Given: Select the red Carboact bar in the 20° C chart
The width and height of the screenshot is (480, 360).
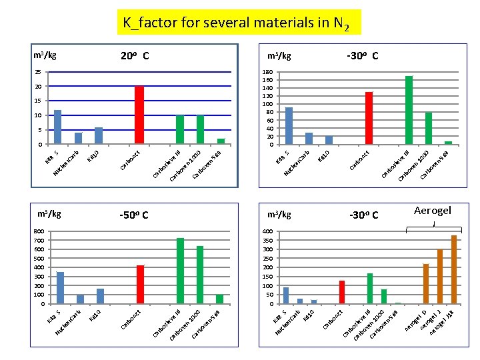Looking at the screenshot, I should click(x=139, y=115).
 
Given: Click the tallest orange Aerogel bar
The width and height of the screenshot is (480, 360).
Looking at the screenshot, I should click(x=454, y=269).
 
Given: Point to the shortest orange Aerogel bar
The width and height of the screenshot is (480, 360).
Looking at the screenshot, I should click(x=426, y=284).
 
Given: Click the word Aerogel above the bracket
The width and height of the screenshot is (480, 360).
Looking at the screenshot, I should click(x=433, y=211).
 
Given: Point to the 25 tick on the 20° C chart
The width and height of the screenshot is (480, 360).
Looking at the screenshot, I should click(x=39, y=72).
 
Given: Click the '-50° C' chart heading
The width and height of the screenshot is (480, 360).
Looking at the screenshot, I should click(x=133, y=215).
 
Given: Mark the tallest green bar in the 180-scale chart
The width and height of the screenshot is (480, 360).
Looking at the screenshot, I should click(x=409, y=110).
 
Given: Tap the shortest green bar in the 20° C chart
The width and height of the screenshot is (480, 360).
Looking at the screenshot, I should click(x=221, y=141).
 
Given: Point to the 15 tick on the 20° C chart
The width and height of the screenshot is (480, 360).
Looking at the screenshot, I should click(x=39, y=101).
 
